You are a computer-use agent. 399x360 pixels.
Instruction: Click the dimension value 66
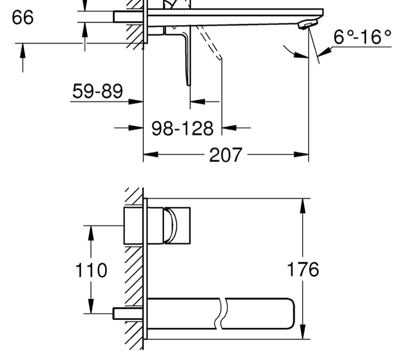[x=23, y=17]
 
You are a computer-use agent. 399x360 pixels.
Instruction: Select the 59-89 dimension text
[x=98, y=91]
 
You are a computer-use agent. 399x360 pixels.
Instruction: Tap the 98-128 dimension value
[x=182, y=128]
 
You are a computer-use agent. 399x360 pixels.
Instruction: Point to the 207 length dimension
[x=226, y=155]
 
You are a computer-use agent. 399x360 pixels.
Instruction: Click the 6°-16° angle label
[x=362, y=37]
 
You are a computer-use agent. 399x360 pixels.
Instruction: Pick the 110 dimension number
[x=91, y=270]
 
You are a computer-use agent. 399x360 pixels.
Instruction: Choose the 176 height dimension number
[x=303, y=269]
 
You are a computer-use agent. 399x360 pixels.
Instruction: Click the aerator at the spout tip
[x=308, y=25]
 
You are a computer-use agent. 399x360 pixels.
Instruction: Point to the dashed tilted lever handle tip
[x=220, y=59]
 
